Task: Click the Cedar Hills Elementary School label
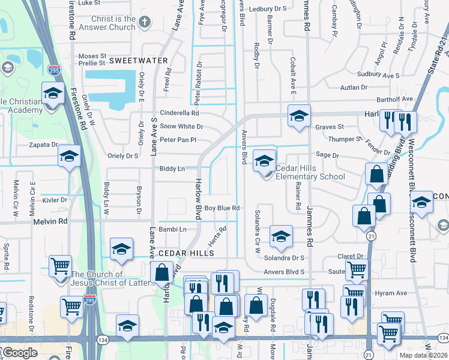(x=310, y=172)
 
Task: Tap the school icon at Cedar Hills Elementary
(x=264, y=161)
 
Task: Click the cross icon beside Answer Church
(x=144, y=23)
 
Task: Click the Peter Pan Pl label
(x=178, y=140)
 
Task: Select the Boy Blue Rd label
(x=222, y=208)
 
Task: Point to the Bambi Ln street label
(x=173, y=229)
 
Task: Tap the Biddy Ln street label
(x=172, y=169)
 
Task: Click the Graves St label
(x=330, y=127)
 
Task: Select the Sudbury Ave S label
(x=378, y=76)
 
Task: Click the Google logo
(x=20, y=353)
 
